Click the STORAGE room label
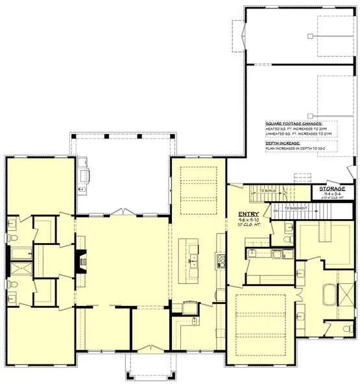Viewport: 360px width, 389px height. [x=331, y=188]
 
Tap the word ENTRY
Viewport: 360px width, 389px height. [x=249, y=214]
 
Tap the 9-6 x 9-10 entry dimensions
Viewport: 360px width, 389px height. [x=249, y=220]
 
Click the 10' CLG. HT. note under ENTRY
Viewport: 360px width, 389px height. [x=249, y=226]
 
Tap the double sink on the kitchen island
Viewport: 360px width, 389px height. [x=192, y=261]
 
